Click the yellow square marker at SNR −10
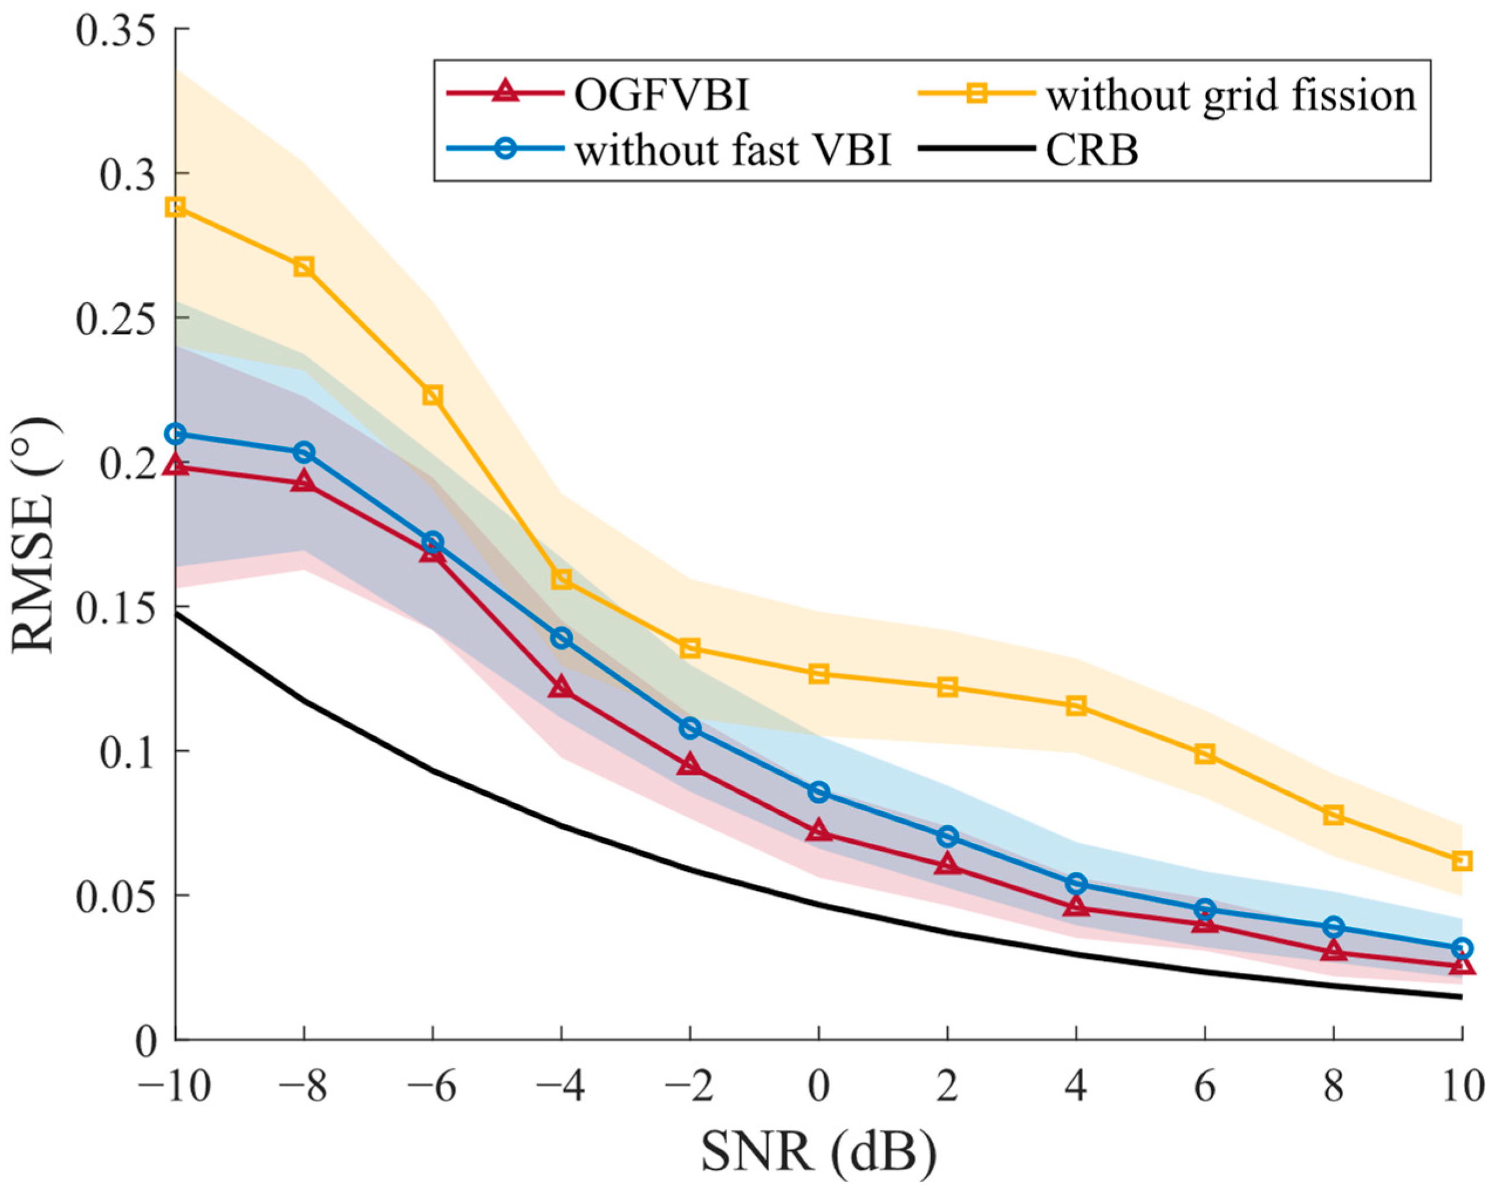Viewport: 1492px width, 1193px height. click(176, 207)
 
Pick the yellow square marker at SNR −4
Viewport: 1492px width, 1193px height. click(562, 579)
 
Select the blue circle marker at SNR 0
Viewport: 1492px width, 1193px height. click(820, 792)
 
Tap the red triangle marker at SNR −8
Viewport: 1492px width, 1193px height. click(305, 481)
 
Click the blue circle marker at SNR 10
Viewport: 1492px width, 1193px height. click(1462, 948)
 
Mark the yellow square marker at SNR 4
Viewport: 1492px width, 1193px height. click(1076, 706)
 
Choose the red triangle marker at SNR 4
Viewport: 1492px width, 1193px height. click(1076, 906)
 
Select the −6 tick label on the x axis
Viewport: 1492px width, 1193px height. click(432, 1087)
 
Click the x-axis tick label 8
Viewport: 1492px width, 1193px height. click(1333, 1087)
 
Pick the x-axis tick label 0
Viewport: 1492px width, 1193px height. click(819, 1087)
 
